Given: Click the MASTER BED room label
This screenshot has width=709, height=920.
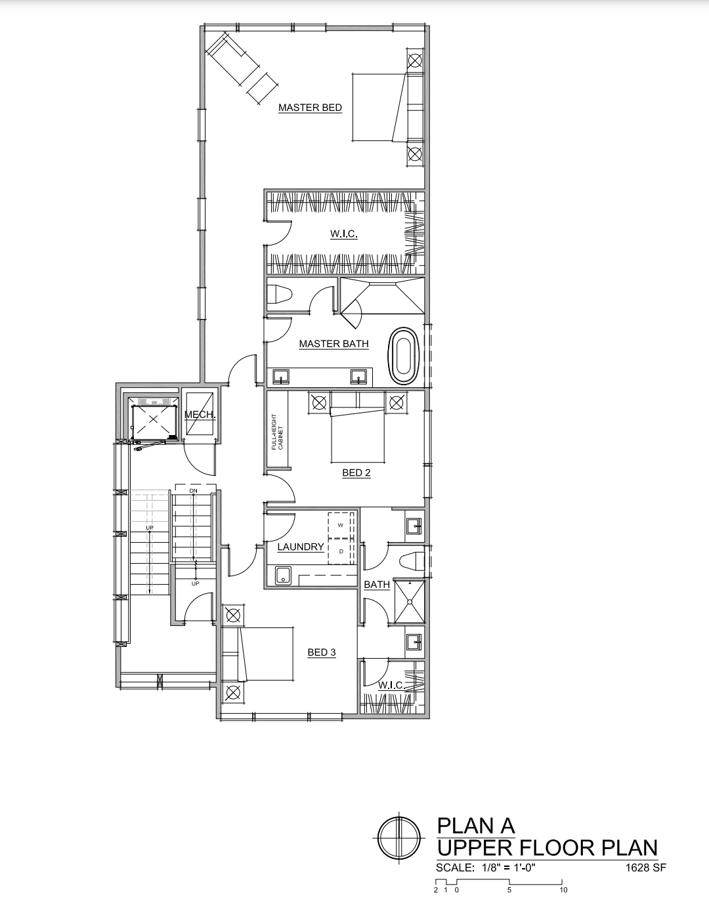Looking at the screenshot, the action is pyautogui.click(x=310, y=108).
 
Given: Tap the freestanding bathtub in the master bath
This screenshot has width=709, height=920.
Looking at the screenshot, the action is pyautogui.click(x=404, y=356).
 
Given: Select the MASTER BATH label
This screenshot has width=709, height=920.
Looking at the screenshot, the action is pyautogui.click(x=333, y=344).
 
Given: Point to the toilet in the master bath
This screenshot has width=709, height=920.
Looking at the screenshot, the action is pyautogui.click(x=280, y=294).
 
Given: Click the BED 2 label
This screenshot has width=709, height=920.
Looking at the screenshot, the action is pyautogui.click(x=356, y=473).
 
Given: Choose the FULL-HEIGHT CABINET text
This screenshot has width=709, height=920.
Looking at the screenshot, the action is pyautogui.click(x=277, y=432).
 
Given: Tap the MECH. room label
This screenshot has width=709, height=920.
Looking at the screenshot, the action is pyautogui.click(x=200, y=415).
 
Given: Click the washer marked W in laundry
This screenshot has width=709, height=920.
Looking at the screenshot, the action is pyautogui.click(x=341, y=526).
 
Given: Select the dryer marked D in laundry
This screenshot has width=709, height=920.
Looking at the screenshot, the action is pyautogui.click(x=341, y=552).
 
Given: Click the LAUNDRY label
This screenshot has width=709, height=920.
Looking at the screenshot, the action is pyautogui.click(x=301, y=547).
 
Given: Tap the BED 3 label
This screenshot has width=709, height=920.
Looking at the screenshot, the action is pyautogui.click(x=322, y=652).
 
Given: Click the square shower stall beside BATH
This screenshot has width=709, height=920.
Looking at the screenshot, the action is pyautogui.click(x=410, y=601).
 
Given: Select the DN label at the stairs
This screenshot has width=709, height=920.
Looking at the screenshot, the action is pyautogui.click(x=193, y=491).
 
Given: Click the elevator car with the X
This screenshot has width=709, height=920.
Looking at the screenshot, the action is pyautogui.click(x=154, y=419).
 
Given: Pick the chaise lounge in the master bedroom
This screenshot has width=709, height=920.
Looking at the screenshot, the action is pyautogui.click(x=242, y=68).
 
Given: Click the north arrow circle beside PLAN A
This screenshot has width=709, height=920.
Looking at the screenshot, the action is pyautogui.click(x=399, y=837).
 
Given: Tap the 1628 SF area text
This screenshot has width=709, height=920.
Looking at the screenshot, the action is pyautogui.click(x=646, y=868).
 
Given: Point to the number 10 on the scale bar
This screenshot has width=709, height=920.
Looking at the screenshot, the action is pyautogui.click(x=563, y=890).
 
